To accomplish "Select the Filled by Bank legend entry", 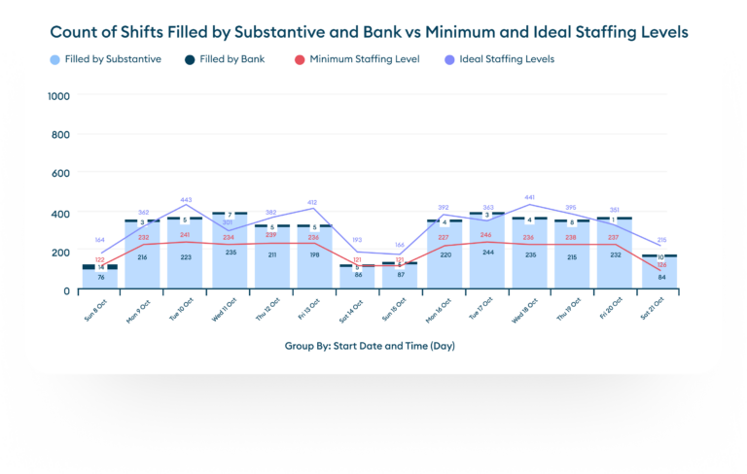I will tap(227, 59).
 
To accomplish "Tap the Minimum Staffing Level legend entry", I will tap(363, 59).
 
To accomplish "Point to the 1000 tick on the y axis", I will tap(58, 96).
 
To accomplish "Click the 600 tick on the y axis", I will tap(61, 174).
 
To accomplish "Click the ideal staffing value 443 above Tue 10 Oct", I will tap(186, 201).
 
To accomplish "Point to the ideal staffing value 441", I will tap(530, 198).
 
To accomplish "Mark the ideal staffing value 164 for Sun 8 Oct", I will tap(100, 240).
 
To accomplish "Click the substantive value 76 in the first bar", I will tap(100, 277).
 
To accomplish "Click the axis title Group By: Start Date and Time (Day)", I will tap(370, 346).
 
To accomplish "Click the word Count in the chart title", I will tap(79, 33).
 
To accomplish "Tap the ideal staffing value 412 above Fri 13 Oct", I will tap(313, 204).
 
